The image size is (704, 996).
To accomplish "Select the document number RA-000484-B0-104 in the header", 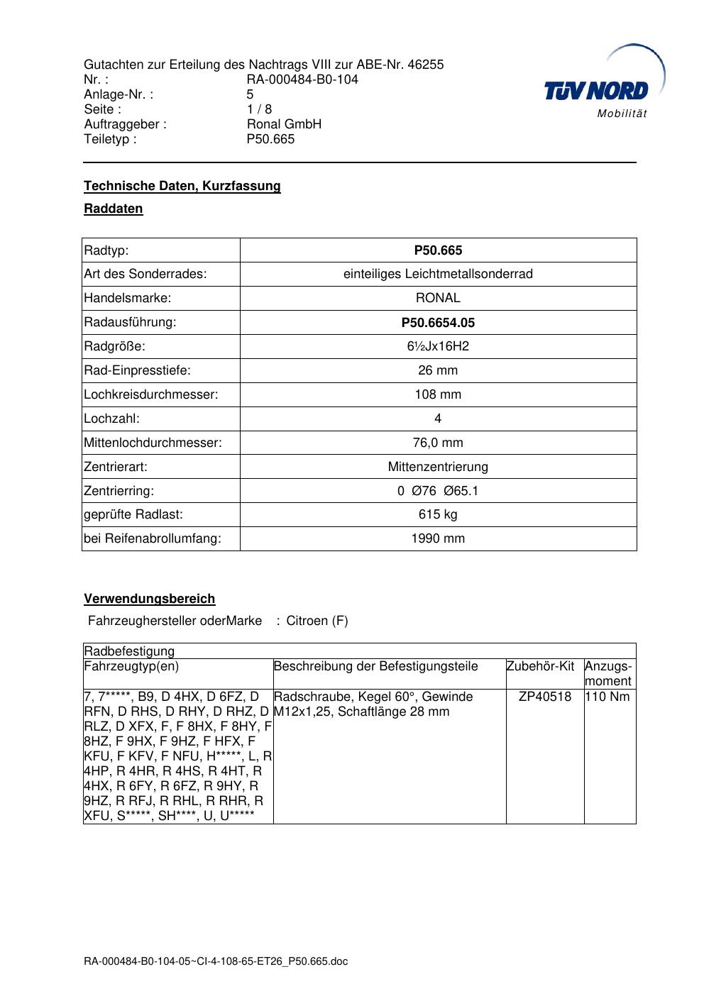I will tap(302, 79).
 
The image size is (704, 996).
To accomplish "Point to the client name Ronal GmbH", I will tap(284, 124).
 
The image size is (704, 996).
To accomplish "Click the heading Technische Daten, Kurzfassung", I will tap(182, 186).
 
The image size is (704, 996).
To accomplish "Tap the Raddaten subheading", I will tap(114, 209).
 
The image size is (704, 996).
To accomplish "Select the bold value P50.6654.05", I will tap(438, 323).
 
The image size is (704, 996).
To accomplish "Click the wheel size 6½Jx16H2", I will tap(438, 346).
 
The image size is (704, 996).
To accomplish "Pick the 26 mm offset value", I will tap(438, 370).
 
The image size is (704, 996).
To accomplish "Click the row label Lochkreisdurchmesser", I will tap(150, 394).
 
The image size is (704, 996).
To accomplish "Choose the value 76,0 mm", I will tap(438, 443).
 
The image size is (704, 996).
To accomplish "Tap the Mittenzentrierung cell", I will tap(438, 467).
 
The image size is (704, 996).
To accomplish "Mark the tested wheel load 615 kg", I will tap(438, 514).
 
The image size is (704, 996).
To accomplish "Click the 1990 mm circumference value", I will tap(438, 538).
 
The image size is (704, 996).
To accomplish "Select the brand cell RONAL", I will tap(438, 298).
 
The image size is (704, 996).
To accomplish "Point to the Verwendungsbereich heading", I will tap(150, 599).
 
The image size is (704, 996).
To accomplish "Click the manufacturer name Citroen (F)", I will tap(317, 621).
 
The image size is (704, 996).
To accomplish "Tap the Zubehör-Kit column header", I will tap(540, 666).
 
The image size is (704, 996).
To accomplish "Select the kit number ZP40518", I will tap(545, 696).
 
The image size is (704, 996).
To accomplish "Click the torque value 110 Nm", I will tap(607, 696).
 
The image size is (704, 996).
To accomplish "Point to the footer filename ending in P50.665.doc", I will tap(216, 962).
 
